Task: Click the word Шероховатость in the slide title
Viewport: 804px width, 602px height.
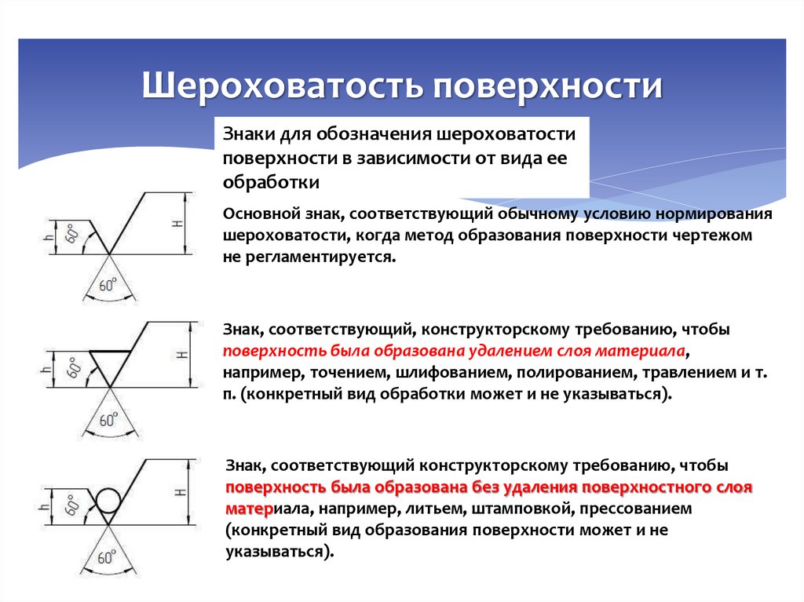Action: tap(278, 86)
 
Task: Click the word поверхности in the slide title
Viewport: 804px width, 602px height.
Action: tap(545, 86)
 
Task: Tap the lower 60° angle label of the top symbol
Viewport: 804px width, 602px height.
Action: tap(108, 285)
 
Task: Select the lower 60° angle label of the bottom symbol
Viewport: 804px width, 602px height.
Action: tap(108, 557)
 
